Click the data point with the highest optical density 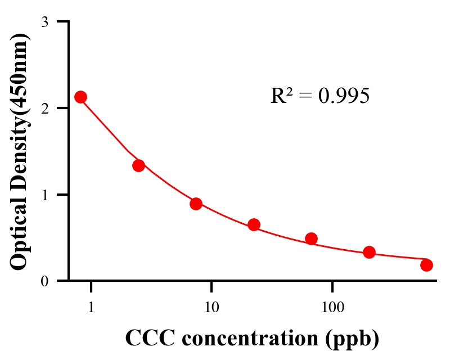(x=80, y=97)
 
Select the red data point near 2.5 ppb (x=138, y=165)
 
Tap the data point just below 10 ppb (x=196, y=204)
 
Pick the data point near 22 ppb (x=254, y=225)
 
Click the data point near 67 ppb (x=311, y=238)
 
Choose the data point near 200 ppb (x=369, y=252)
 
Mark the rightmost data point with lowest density (x=426, y=265)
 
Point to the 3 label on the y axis (x=45, y=22)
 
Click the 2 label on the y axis (x=45, y=108)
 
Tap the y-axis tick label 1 (x=45, y=195)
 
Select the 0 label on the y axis (x=45, y=281)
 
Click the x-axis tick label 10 (x=211, y=308)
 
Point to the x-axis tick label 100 (x=332, y=308)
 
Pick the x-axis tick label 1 (x=91, y=308)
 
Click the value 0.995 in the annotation (x=344, y=96)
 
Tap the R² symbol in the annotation (x=281, y=96)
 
